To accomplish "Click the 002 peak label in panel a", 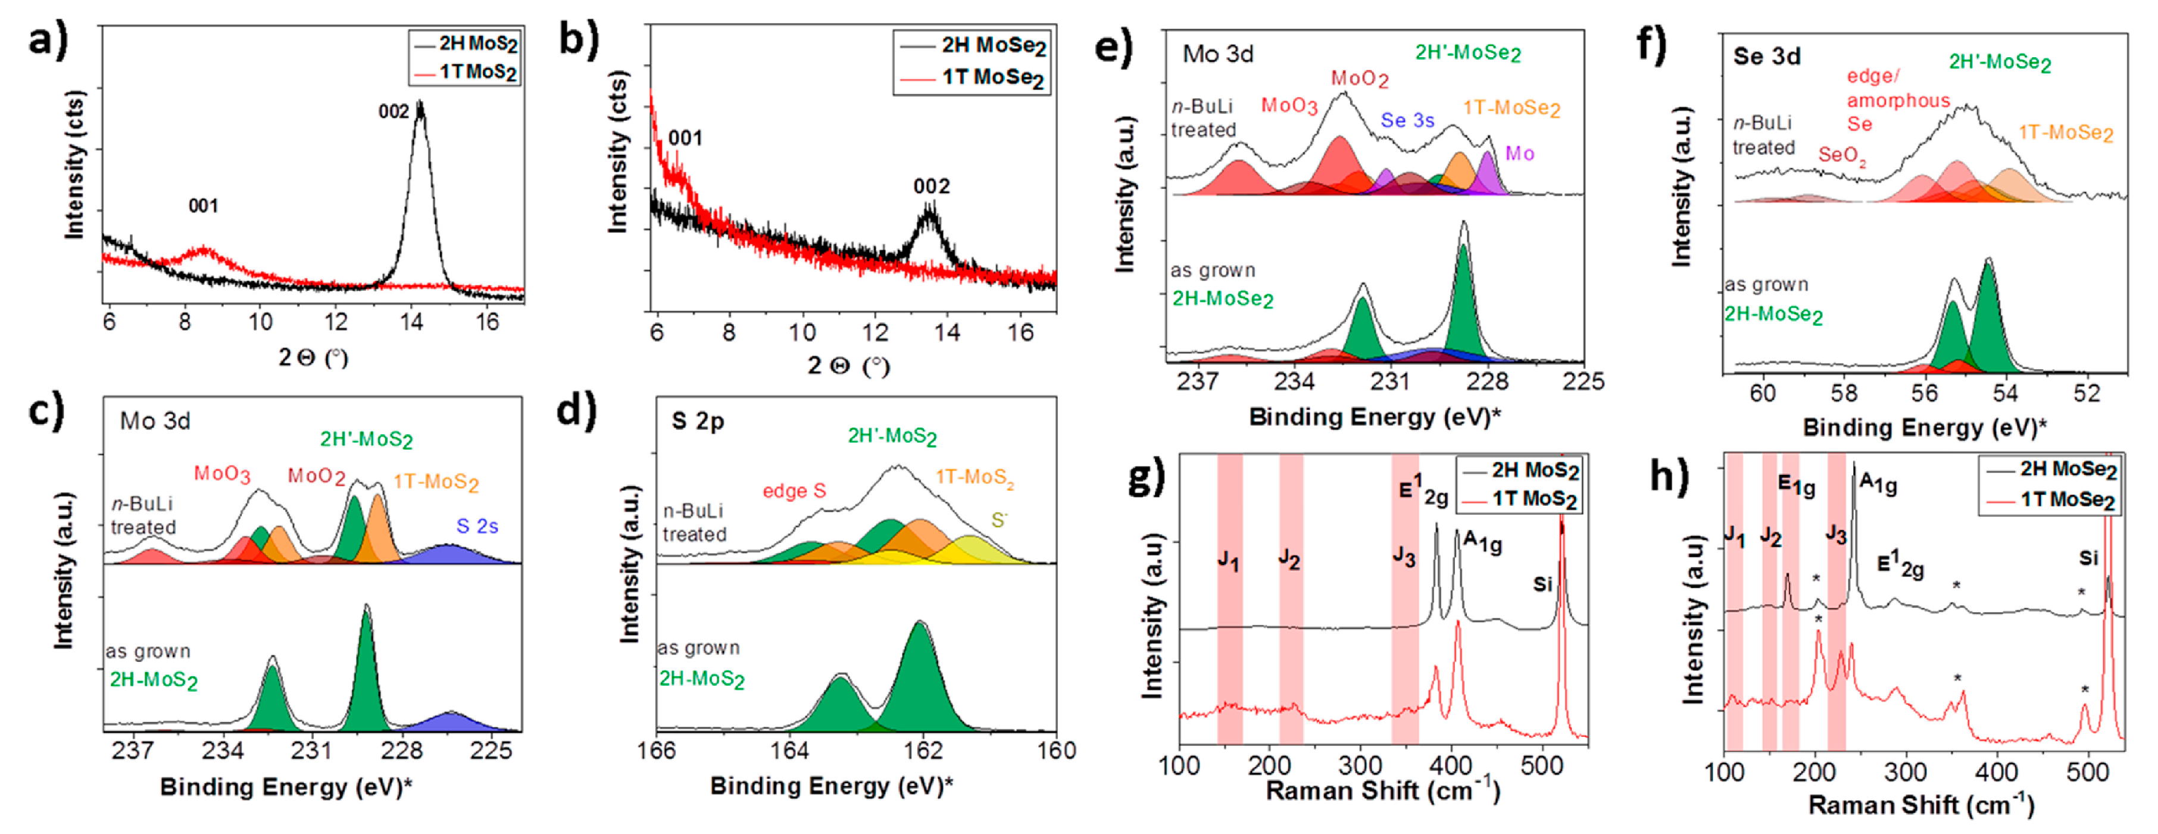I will click(393, 111).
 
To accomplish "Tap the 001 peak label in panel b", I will click(685, 138).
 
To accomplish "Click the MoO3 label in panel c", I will click(222, 474).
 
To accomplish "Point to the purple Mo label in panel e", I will click(1520, 153).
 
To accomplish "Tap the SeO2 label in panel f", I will click(1841, 156).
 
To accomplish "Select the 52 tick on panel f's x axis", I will click(2086, 394).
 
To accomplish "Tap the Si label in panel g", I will click(1542, 584).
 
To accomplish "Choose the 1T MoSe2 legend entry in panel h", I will click(2067, 500).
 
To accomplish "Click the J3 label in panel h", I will click(1835, 535).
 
